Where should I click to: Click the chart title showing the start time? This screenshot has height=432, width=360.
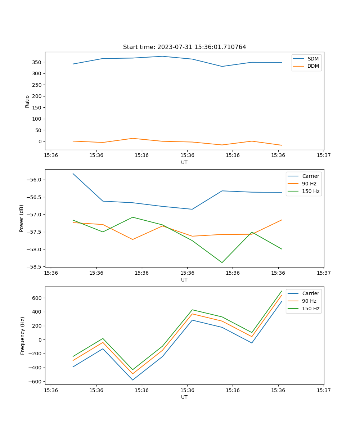click(184, 47)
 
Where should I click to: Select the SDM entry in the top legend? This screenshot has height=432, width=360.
click(312, 59)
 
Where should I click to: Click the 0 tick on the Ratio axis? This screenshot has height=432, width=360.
click(40, 141)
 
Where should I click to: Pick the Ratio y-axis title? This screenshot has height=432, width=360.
click(27, 101)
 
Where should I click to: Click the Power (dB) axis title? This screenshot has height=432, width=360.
click(22, 218)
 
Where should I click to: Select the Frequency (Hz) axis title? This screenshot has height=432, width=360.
click(23, 336)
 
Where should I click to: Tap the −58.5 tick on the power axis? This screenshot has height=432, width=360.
click(35, 267)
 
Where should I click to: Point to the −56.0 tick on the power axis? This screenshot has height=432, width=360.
click(35, 180)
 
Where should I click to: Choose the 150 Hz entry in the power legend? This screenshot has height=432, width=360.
click(310, 191)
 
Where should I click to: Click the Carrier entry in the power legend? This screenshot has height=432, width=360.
click(310, 176)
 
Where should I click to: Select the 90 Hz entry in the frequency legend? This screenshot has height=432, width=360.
click(309, 301)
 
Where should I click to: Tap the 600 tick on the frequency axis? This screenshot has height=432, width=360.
click(37, 298)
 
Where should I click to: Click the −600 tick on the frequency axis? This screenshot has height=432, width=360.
click(35, 382)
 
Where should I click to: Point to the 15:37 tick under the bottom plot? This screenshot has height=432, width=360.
click(323, 390)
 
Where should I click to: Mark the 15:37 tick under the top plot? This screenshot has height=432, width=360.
click(323, 156)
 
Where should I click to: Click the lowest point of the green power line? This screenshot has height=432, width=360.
click(222, 262)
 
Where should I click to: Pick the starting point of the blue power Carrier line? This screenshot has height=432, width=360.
click(73, 174)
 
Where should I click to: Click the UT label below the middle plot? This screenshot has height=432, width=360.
click(184, 280)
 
